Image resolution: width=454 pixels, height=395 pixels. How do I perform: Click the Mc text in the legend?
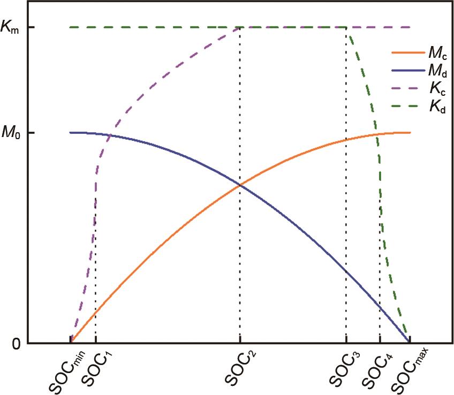click(x=437, y=54)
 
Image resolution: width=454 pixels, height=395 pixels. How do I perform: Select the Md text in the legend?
click(x=437, y=72)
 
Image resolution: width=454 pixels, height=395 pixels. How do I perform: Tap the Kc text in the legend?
click(x=436, y=89)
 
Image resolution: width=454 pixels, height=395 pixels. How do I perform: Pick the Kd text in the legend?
click(x=436, y=108)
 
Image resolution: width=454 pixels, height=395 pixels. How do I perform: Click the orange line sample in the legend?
click(x=406, y=53)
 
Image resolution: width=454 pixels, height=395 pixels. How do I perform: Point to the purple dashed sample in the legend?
click(x=406, y=89)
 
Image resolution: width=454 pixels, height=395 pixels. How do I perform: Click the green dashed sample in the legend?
click(x=406, y=107)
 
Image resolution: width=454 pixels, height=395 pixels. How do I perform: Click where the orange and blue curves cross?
click(x=239, y=185)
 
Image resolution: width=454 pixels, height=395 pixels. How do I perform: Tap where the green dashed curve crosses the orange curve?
click(x=377, y=134)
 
